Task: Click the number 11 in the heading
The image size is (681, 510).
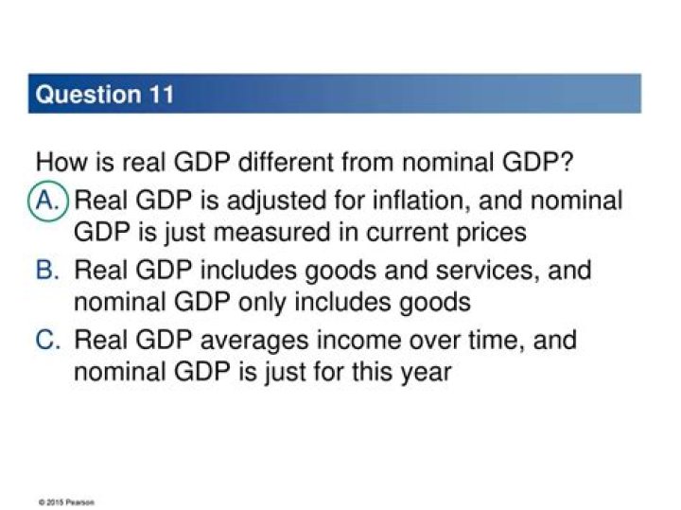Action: pos(162,95)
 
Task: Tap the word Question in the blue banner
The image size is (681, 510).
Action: pos(89,96)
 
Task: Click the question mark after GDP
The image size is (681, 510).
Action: pos(567,162)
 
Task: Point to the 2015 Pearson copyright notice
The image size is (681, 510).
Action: pos(66,502)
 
